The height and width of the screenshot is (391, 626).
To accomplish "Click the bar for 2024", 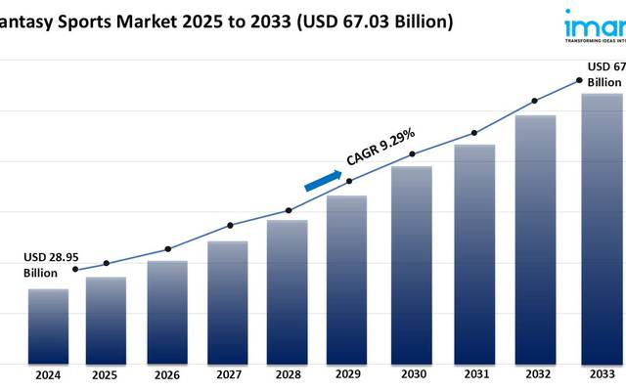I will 48,326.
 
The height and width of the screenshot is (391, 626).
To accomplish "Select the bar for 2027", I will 228,302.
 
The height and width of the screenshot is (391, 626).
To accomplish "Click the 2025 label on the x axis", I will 106,374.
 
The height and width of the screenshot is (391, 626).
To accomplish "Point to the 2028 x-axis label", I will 288,374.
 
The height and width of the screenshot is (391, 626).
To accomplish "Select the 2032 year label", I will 535,374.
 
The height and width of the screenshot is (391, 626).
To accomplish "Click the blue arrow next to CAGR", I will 324,181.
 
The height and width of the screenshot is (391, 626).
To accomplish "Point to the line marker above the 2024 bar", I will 76,270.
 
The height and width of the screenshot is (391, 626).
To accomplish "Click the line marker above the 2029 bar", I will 349,180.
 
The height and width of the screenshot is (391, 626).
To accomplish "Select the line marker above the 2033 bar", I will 579,80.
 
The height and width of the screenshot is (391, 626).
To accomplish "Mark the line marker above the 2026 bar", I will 167,249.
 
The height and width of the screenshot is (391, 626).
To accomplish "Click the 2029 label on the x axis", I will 349,374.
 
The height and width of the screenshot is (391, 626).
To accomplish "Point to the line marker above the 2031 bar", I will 474,133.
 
